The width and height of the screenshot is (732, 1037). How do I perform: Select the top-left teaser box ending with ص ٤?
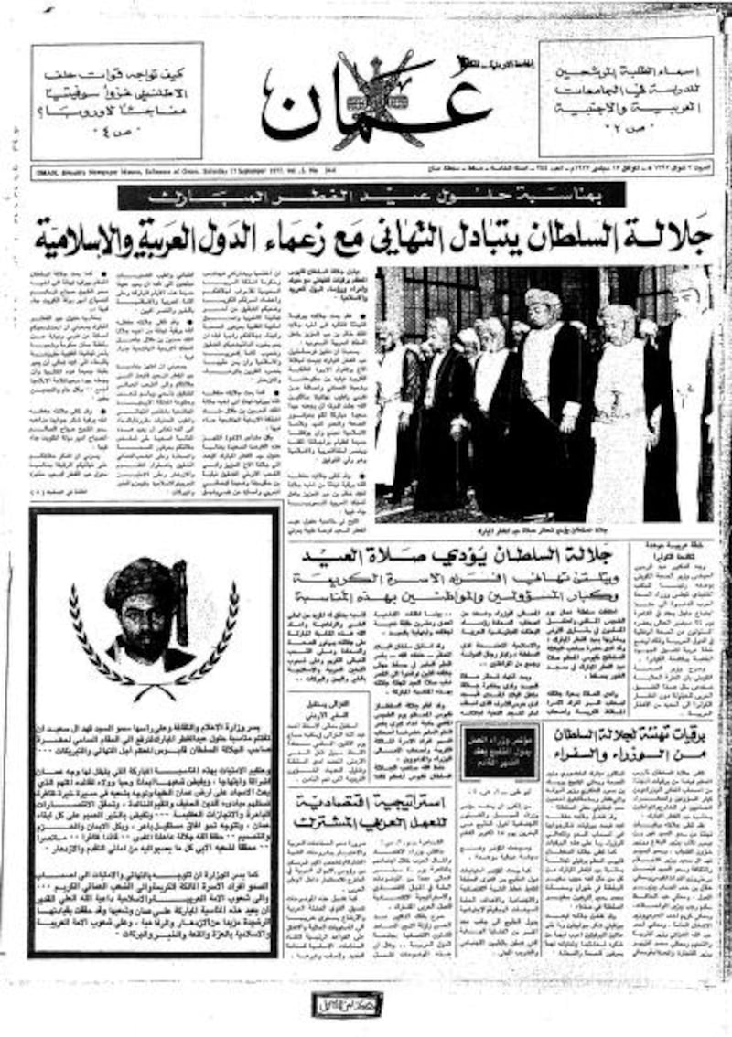[x=116, y=101]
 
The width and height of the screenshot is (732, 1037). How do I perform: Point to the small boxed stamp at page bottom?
[x=350, y=1004]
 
